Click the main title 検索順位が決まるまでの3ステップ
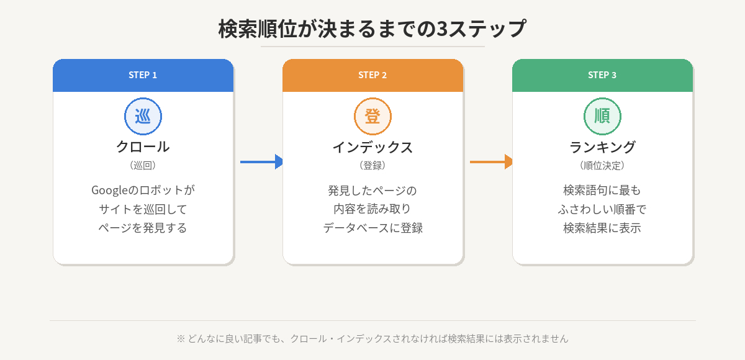(372, 29)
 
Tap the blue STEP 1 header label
(143, 75)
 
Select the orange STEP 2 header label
(372, 75)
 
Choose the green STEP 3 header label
(602, 75)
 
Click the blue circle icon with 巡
(143, 116)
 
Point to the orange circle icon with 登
(372, 116)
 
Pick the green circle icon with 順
(602, 116)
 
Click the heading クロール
(143, 147)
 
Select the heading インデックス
(372, 147)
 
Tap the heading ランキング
(602, 147)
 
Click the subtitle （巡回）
(143, 166)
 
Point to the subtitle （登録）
(372, 166)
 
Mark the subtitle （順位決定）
(602, 166)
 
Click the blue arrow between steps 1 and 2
(261, 162)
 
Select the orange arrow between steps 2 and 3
(491, 162)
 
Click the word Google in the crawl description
(109, 190)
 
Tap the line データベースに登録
(372, 228)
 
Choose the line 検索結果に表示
(602, 228)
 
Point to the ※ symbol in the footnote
(181, 339)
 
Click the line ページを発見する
(143, 228)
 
